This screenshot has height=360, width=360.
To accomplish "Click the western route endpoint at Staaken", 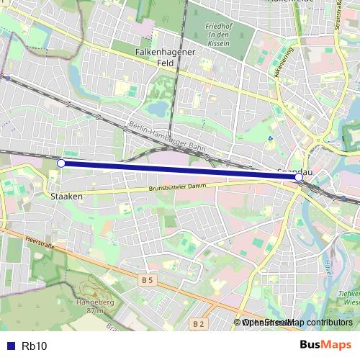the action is [x=61, y=163].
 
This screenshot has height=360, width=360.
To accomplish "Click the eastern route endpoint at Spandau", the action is [x=299, y=176].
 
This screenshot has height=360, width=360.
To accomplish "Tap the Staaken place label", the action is [x=66, y=195].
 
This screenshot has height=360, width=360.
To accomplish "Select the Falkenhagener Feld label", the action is [x=165, y=58].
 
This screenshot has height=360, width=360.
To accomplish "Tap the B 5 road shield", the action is [x=148, y=279].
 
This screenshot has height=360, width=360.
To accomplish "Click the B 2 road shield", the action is [x=199, y=325].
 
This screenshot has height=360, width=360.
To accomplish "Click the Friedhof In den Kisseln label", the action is [x=217, y=35].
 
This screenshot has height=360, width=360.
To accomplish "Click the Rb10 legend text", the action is [x=35, y=346].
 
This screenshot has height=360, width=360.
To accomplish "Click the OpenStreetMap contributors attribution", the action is [x=297, y=323].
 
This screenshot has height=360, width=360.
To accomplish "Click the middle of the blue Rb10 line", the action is [x=180, y=170].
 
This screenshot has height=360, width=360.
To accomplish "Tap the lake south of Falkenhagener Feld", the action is [x=156, y=108].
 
